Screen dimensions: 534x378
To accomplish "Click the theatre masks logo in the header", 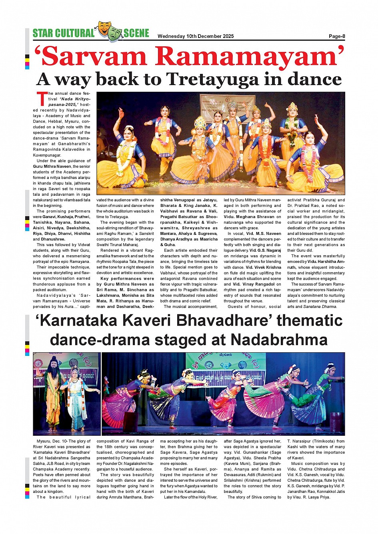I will [x=109, y=32].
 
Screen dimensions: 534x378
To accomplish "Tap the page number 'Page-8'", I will [x=337, y=36].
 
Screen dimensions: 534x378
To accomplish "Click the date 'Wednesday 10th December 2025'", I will [x=196, y=36].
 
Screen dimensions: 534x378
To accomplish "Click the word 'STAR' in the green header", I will [x=42, y=34].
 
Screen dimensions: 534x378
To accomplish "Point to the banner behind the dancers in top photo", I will [x=227, y=106].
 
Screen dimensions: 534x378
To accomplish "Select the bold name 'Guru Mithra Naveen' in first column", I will [x=52, y=167].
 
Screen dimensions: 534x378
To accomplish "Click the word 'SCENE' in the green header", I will [x=136, y=34].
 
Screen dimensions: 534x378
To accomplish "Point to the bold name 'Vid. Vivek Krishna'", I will [x=263, y=268].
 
